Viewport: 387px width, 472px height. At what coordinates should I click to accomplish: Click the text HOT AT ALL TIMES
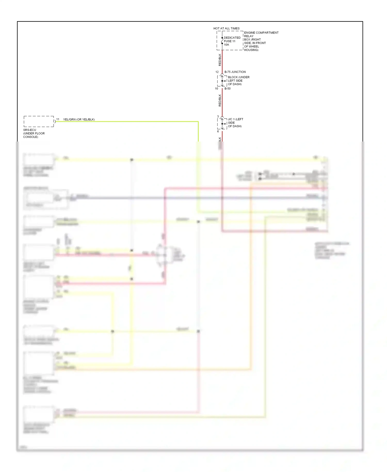click(226, 28)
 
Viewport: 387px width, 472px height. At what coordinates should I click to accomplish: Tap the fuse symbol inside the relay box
click(222, 41)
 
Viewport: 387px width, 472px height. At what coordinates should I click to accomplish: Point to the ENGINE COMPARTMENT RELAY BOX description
click(261, 41)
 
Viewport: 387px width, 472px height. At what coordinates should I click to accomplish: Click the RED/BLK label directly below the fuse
click(220, 60)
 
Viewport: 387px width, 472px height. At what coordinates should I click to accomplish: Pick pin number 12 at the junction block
click(217, 72)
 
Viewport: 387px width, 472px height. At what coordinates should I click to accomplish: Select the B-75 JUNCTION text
click(235, 72)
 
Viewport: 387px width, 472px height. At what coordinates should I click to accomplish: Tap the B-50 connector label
click(228, 89)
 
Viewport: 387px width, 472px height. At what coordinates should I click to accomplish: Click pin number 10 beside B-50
click(216, 89)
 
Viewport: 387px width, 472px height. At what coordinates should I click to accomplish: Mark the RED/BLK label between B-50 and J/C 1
click(220, 100)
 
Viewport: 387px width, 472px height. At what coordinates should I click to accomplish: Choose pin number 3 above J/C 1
click(218, 116)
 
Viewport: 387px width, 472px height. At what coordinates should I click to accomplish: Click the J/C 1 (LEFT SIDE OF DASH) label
click(235, 123)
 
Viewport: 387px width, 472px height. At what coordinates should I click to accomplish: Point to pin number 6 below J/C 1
click(218, 131)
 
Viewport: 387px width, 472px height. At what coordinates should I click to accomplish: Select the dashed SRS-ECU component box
click(39, 121)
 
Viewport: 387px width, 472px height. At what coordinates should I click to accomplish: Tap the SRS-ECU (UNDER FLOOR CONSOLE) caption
click(34, 133)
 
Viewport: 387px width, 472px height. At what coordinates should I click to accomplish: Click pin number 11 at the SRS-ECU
click(58, 119)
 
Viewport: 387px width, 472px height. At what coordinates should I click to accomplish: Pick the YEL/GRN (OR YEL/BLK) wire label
click(79, 120)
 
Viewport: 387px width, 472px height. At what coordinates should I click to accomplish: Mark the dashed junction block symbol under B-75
click(222, 81)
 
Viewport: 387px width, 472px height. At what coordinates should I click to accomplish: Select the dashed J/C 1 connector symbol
click(222, 124)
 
